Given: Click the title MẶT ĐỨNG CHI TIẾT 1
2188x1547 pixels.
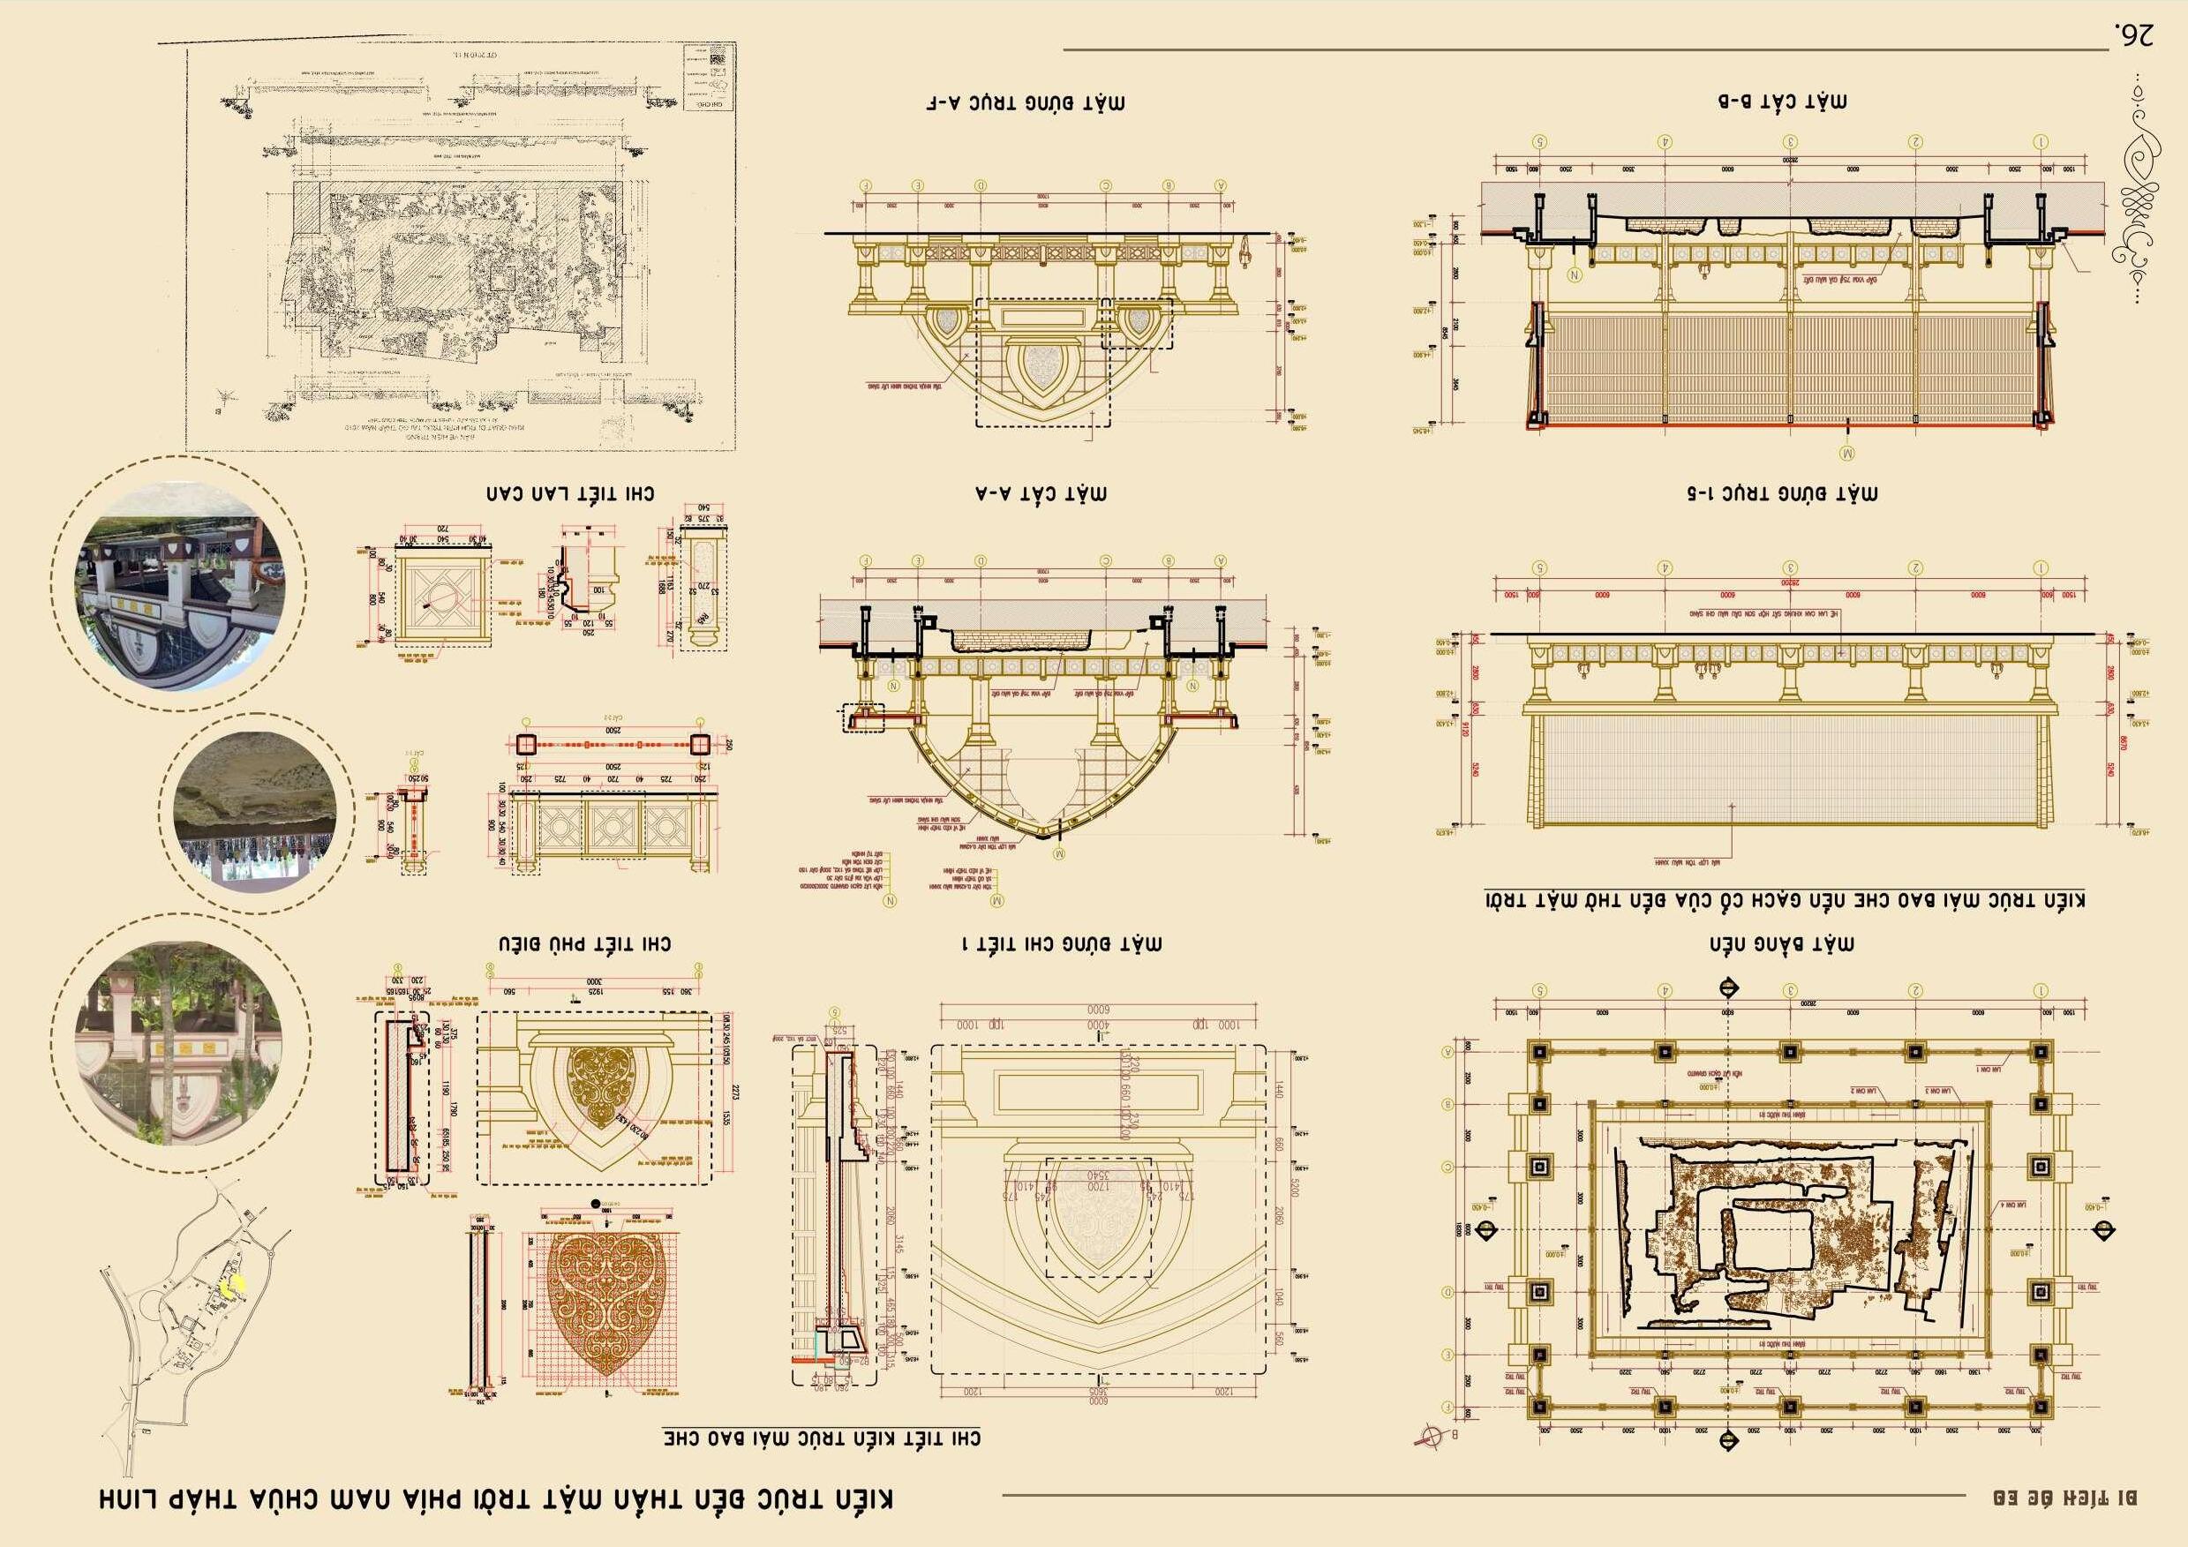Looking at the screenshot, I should pos(1061,944).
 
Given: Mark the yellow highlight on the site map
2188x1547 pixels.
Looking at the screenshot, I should pos(231,1283).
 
